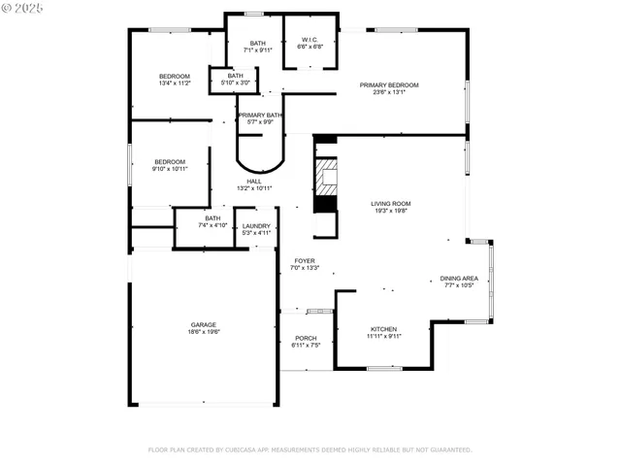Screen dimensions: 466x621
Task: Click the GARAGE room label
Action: [x=203, y=324]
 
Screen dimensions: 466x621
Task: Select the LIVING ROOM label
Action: [x=390, y=204]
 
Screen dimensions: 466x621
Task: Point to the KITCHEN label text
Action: [x=383, y=329]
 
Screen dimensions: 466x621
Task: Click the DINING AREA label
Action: [x=459, y=278]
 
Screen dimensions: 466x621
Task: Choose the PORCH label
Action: [x=306, y=337]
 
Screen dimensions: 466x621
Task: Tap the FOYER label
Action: [x=305, y=260]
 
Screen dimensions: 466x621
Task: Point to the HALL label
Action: [x=253, y=182]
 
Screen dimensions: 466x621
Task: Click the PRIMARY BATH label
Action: [x=259, y=115]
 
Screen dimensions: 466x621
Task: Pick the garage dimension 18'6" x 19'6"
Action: [x=203, y=332]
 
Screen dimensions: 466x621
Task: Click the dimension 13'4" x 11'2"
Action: [x=175, y=83]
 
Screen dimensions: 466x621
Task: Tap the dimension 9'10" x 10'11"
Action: [x=170, y=169]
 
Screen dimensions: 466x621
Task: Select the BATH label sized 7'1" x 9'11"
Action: [x=257, y=43]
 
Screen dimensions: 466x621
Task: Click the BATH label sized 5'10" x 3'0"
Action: [x=236, y=76]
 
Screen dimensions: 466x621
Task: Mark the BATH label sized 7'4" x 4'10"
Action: [x=212, y=217]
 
